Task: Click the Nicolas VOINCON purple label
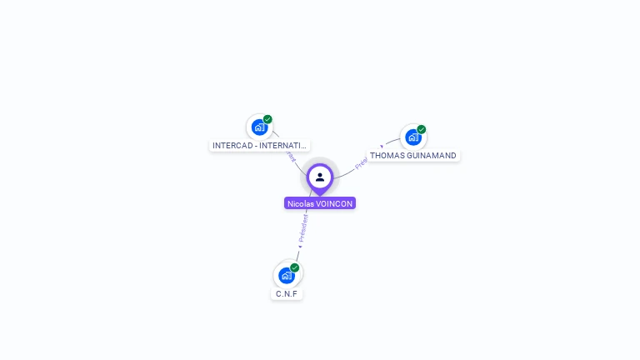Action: [320, 203]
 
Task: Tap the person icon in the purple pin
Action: [320, 177]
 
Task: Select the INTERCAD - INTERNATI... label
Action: [260, 145]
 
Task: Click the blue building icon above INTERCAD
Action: [259, 127]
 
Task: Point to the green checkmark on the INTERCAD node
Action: [267, 119]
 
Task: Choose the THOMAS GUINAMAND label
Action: [413, 155]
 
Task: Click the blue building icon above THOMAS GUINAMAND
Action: [412, 137]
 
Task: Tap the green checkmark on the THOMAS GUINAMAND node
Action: [422, 129]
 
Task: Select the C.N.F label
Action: [287, 293]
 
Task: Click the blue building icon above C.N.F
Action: [287, 275]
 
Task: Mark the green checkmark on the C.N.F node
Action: [295, 267]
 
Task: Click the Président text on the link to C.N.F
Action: [303, 227]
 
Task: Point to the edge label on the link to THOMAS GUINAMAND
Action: [361, 163]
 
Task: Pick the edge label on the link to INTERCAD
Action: [289, 156]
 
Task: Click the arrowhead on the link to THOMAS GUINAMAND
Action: [382, 147]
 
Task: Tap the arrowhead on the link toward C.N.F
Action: [300, 247]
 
